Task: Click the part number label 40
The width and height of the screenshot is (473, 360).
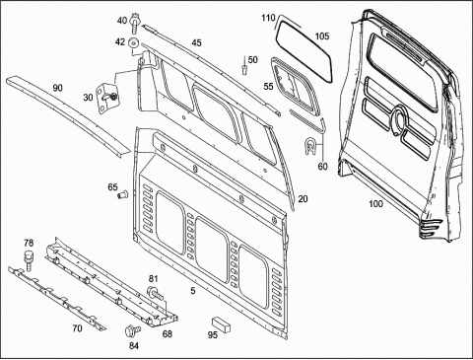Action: click(122, 21)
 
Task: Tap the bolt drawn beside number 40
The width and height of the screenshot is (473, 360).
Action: click(135, 23)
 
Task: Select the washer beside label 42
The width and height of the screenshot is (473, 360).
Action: click(134, 43)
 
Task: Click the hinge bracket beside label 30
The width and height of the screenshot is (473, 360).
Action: click(106, 99)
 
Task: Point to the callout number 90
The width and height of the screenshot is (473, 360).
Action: click(57, 88)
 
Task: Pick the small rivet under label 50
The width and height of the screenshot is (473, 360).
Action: click(244, 69)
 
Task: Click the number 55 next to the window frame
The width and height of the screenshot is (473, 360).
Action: click(268, 86)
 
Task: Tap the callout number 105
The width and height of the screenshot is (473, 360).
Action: click(322, 36)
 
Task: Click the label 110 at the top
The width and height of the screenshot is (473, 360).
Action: click(268, 18)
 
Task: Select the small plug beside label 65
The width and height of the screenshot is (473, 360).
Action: click(123, 194)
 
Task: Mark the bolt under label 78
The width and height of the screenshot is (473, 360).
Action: click(29, 260)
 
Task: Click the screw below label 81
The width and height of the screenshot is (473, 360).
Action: click(156, 293)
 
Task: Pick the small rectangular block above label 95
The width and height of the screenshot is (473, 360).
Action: click(221, 324)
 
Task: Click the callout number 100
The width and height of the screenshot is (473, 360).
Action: click(375, 204)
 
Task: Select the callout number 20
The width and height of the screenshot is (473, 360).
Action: click(303, 199)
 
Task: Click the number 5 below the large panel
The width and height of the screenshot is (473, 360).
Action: click(193, 291)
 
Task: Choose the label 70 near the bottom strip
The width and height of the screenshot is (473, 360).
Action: click(77, 328)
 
